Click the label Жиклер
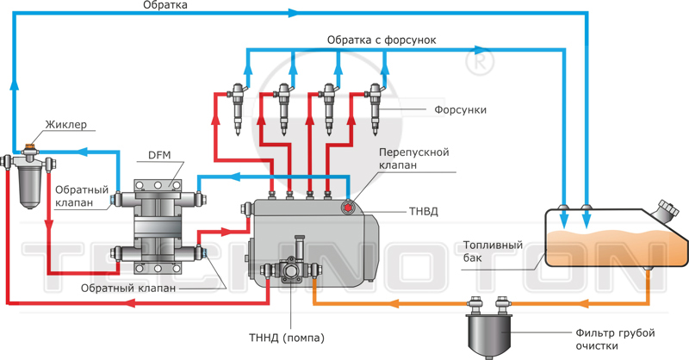point(66,124)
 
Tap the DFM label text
point(159,155)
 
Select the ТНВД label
point(424,211)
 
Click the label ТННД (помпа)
point(287,338)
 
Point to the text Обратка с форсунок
point(382,40)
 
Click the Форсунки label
point(461,109)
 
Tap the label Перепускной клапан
point(414,158)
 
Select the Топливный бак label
point(493,251)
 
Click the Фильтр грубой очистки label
point(615,339)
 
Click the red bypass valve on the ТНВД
point(348,207)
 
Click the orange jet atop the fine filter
point(30,146)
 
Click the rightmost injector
point(376,109)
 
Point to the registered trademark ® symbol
point(479,62)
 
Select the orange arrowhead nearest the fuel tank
point(583,303)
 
